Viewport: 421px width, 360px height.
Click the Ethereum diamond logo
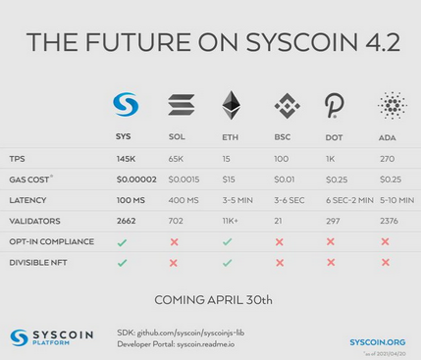232,105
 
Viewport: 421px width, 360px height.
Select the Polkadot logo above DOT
334,105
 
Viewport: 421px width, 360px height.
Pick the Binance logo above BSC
283,105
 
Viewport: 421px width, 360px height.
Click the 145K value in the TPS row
126,158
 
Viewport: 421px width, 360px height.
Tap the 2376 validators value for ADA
388,220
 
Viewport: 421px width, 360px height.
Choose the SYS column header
124,137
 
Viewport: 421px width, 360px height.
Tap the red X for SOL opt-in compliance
175,241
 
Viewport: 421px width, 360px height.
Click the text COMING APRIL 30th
210,298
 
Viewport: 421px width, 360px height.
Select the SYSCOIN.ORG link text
378,341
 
